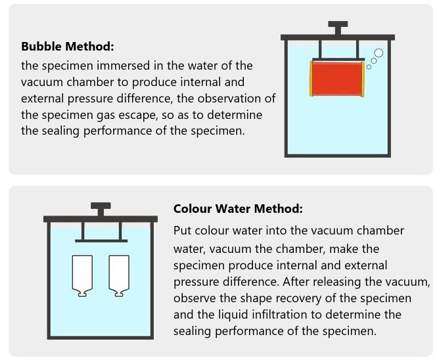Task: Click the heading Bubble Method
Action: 68,47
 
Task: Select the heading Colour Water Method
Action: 238,209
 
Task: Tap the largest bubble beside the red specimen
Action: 379,53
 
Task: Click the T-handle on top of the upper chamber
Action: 338,28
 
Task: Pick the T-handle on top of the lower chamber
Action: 101,209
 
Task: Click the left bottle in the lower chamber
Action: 81,276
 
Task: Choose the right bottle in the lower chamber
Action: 118,276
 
